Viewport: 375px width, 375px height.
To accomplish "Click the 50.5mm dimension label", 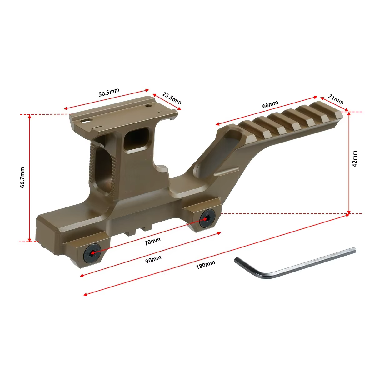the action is pos(109,92).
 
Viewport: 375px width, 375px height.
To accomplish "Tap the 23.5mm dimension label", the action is pos(172,98).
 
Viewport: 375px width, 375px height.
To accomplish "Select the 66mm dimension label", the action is pos(270,104).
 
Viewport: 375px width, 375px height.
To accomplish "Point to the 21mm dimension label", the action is pos(336,99).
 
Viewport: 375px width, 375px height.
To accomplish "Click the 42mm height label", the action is pos(355,159).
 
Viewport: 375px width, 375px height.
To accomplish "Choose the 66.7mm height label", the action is pos(22,177).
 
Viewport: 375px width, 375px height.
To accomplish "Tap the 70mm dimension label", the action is pos(152,242).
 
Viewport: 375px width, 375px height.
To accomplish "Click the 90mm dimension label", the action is pos(153,259).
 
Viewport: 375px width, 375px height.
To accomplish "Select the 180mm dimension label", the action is pos(206,265).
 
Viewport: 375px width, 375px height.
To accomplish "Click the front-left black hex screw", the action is pos(92,253).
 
